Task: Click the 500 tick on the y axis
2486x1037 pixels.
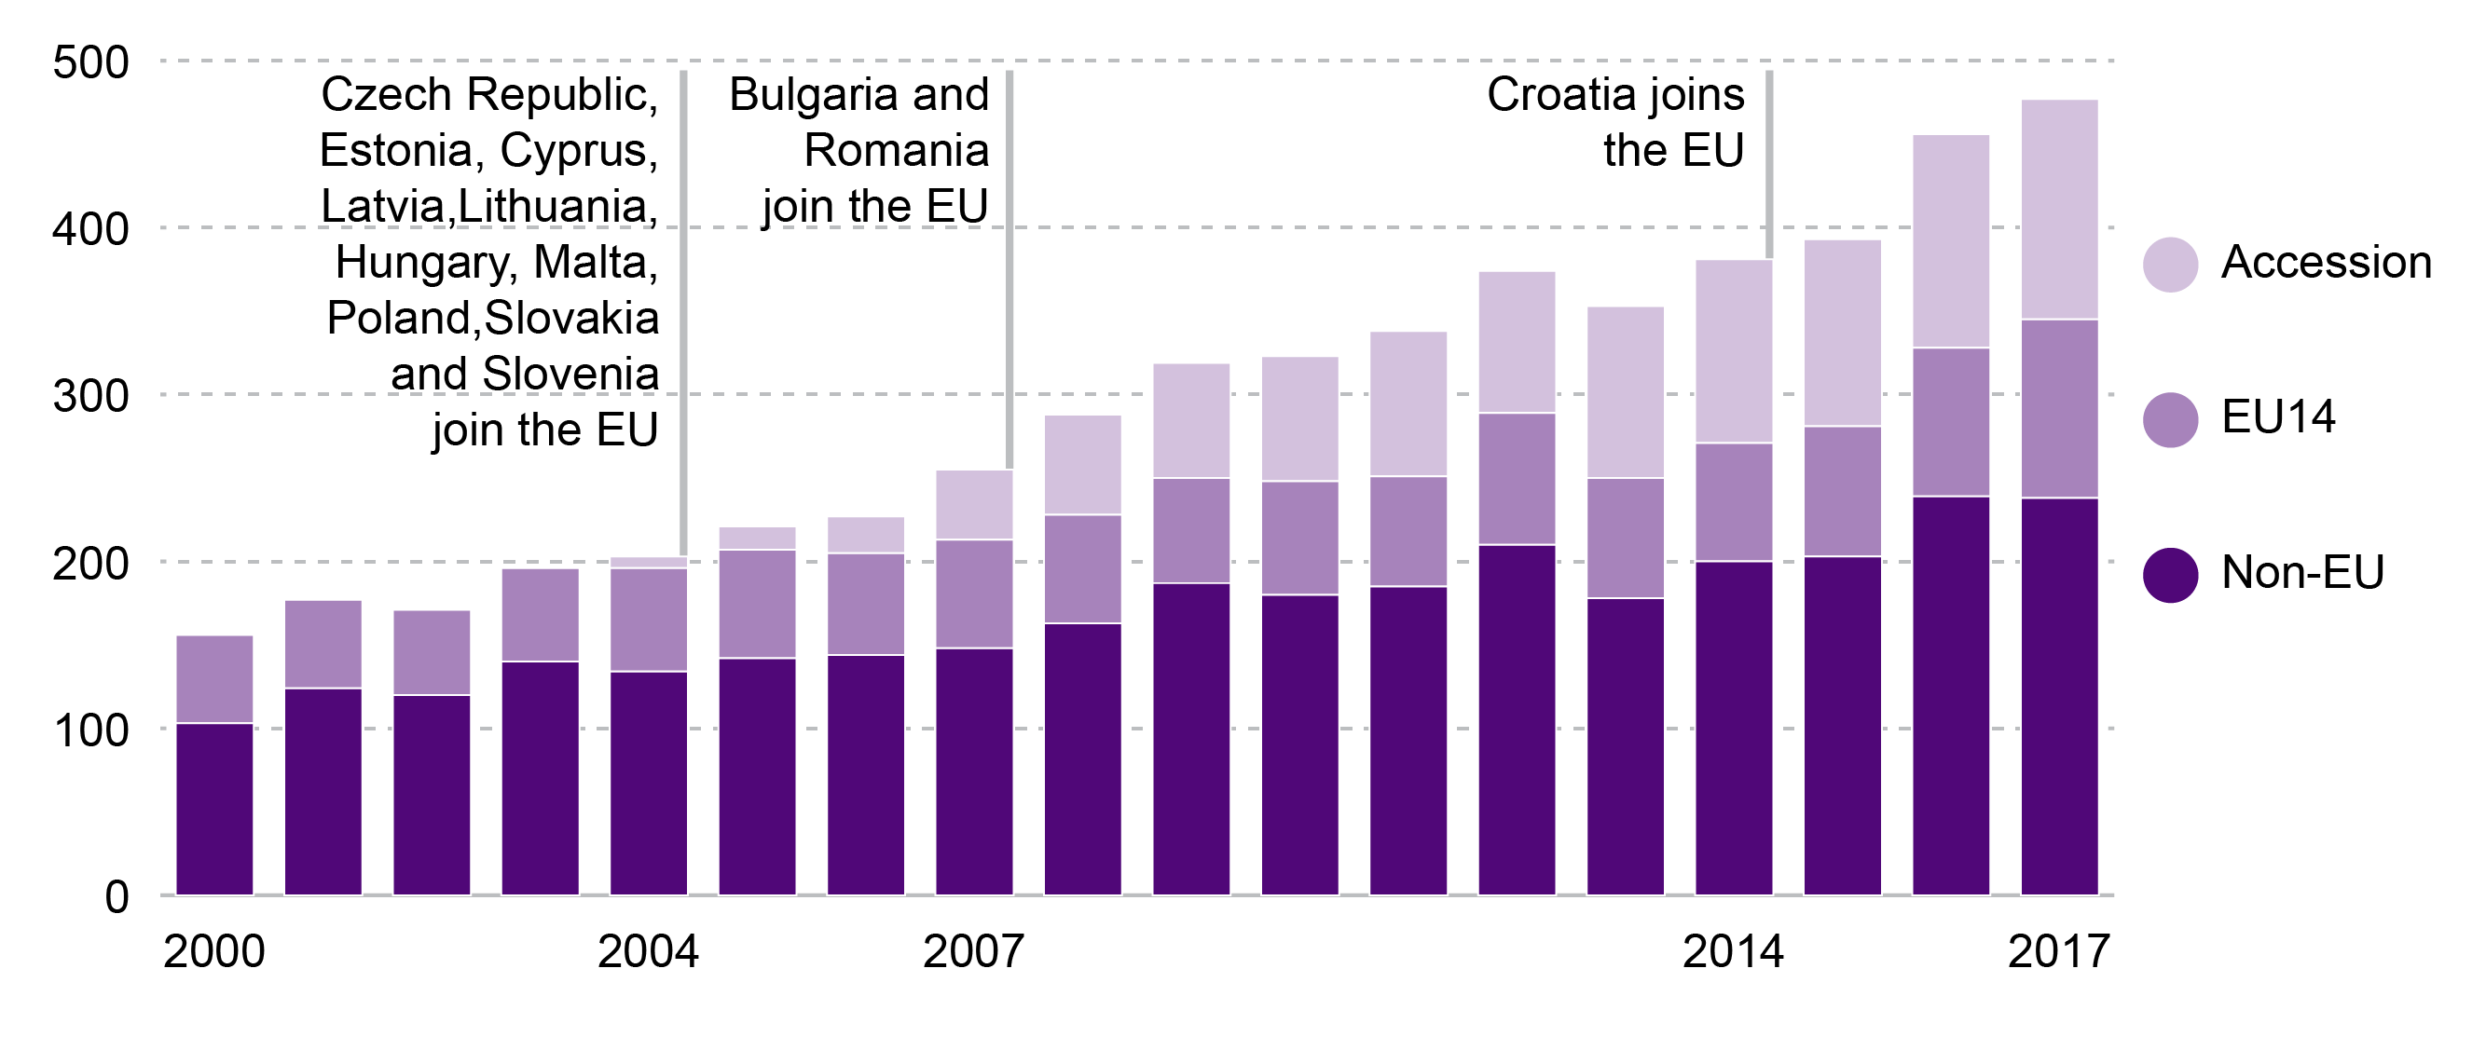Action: click(90, 62)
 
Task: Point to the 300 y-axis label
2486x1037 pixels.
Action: click(90, 395)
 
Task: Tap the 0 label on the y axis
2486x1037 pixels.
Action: click(116, 897)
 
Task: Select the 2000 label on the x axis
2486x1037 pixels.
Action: click(213, 952)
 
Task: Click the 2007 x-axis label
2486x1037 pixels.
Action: click(973, 952)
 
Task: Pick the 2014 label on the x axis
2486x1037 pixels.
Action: click(1732, 952)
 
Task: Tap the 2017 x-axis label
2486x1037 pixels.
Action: click(2058, 952)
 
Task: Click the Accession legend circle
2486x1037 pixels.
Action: click(2170, 265)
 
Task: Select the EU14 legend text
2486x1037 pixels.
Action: click(2277, 417)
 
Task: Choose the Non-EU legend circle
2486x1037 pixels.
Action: click(2170, 575)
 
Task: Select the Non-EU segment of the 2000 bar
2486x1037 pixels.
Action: click(214, 809)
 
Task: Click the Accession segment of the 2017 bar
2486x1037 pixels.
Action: click(2058, 209)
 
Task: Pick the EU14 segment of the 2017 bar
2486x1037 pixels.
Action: click(2058, 408)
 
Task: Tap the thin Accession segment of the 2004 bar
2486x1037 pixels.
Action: click(649, 563)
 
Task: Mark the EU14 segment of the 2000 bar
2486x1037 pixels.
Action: click(214, 679)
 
